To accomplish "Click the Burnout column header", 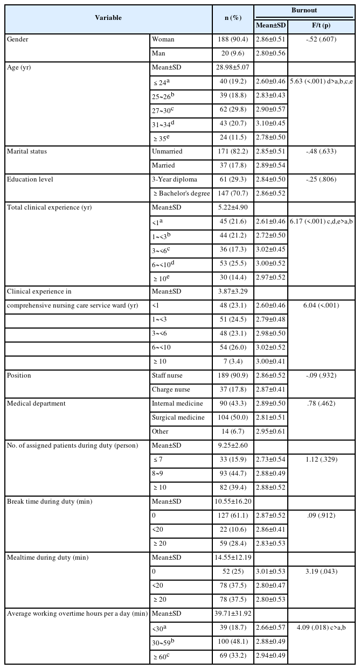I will pyautogui.click(x=304, y=10).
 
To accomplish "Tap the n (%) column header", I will pyautogui.click(x=232, y=18).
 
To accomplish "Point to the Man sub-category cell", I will pyautogui.click(x=160, y=54).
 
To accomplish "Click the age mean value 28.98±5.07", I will pyautogui.click(x=232, y=68).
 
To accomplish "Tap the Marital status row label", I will pyautogui.click(x=27, y=151).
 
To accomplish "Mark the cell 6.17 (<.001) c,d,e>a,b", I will pyautogui.click(x=321, y=221).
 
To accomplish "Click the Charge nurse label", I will pyautogui.click(x=171, y=389).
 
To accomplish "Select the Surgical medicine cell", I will pyautogui.click(x=178, y=417).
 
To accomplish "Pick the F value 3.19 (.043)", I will pyautogui.click(x=321, y=572).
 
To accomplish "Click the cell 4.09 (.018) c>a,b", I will pyautogui.click(x=321, y=628).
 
